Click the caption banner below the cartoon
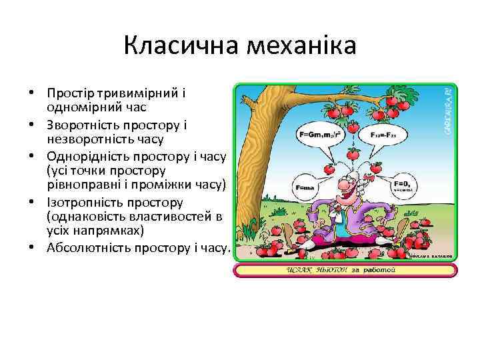(x=345, y=270)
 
